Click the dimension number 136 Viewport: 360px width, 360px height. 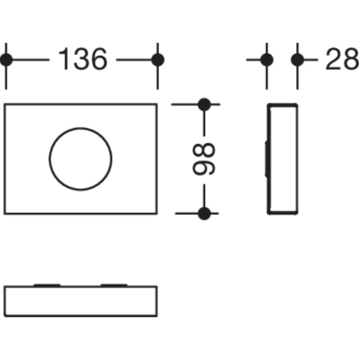click(83, 59)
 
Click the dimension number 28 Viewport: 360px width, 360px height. click(342, 59)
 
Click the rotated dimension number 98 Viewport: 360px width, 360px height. click(203, 159)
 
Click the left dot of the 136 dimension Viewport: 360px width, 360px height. click(6, 60)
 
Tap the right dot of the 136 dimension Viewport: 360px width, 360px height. click(158, 60)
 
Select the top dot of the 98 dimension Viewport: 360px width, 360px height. click(204, 104)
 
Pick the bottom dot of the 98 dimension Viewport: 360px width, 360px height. click(204, 213)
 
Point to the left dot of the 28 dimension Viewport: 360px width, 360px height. click(267, 60)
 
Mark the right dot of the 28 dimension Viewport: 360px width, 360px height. click(297, 60)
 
